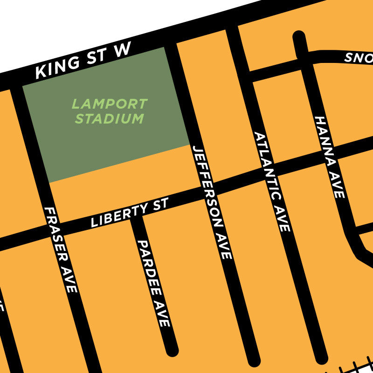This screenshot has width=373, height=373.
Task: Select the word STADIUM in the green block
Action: (110, 119)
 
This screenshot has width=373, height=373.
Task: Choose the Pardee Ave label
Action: (153, 283)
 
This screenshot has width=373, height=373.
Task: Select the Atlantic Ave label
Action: (272, 181)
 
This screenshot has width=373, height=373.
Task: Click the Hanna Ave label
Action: (330, 157)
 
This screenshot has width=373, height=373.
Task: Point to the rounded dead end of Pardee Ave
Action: (172, 350)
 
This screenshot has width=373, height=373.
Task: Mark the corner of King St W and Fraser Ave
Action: (18, 84)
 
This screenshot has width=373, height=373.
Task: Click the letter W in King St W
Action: (122, 50)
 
